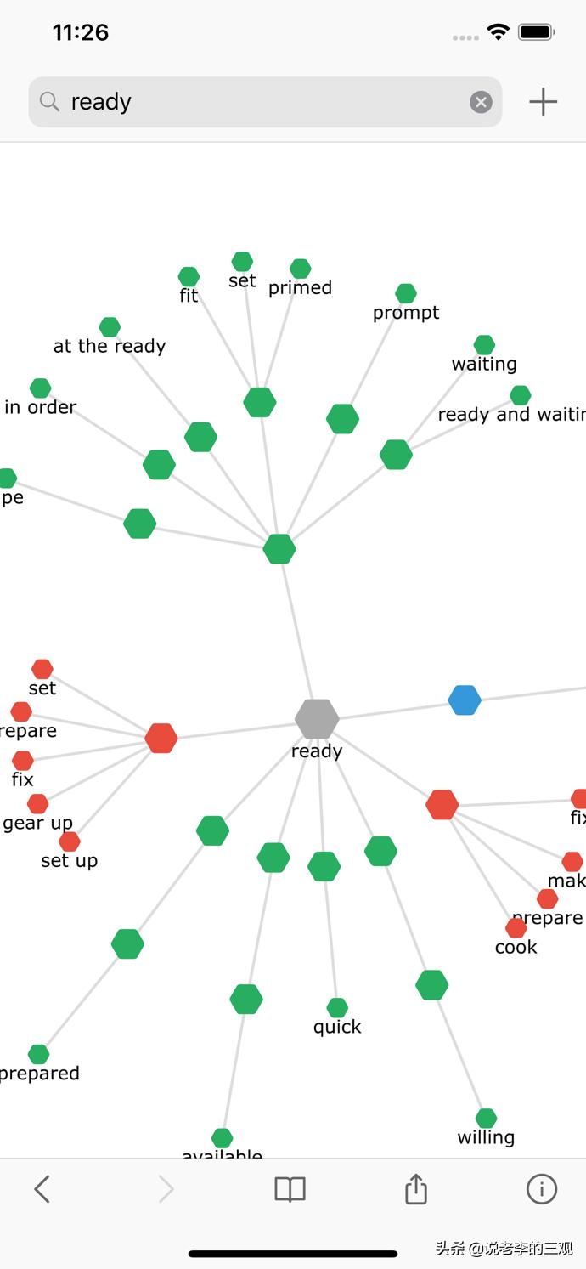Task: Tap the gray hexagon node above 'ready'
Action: point(317,719)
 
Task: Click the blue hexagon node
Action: point(465,700)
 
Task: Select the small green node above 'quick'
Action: point(337,1007)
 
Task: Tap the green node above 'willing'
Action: point(486,1118)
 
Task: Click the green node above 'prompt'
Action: point(406,293)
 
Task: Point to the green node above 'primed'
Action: point(300,269)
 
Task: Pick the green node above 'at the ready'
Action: point(110,326)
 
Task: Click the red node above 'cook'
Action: point(516,927)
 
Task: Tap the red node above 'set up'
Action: point(70,841)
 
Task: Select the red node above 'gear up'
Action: point(37,803)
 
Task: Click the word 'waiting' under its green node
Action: point(484,364)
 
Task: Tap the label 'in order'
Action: point(40,407)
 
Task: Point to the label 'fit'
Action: point(189,296)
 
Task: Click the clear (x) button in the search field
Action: point(481,102)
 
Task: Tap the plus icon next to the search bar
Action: point(543,102)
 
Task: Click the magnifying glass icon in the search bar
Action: point(50,102)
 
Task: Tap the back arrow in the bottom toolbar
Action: point(42,1188)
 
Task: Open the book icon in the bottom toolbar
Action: point(290,1189)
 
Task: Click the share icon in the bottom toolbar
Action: point(415,1188)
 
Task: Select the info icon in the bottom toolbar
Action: point(541,1188)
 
